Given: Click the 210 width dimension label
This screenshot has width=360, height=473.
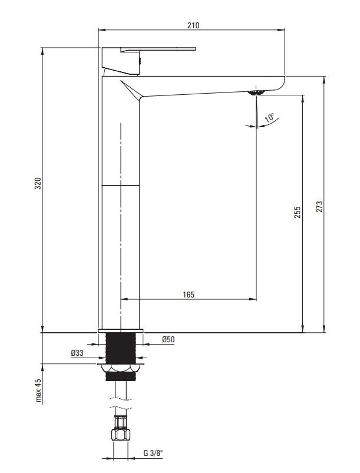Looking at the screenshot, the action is (x=193, y=25).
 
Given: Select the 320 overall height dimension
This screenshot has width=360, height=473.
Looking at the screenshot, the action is (x=38, y=183).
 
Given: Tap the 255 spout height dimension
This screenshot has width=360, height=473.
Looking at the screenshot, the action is (x=297, y=213).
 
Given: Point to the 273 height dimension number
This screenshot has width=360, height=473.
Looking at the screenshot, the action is (x=319, y=207).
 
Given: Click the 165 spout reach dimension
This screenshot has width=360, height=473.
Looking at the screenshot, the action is (x=189, y=295).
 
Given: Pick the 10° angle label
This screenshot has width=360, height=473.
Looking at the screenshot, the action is (x=269, y=118).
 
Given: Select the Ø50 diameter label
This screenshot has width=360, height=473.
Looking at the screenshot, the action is (x=168, y=339).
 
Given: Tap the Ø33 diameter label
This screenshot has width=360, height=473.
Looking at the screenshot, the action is (x=77, y=353).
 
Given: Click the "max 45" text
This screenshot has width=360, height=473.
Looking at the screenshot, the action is (x=38, y=391).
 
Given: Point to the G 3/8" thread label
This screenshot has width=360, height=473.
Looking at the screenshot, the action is (x=153, y=453).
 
